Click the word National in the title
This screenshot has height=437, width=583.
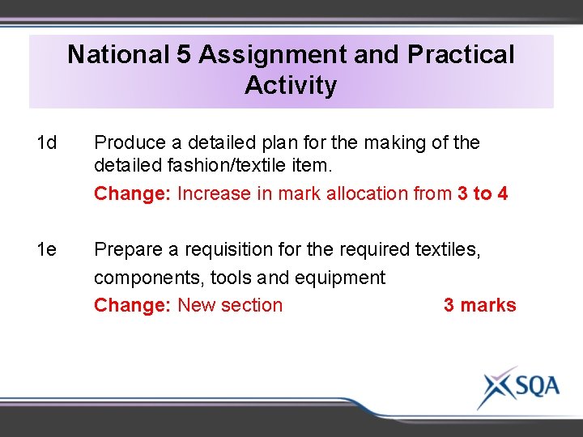(x=117, y=54)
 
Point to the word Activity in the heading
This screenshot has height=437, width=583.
(x=291, y=84)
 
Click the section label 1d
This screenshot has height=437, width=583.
(x=47, y=143)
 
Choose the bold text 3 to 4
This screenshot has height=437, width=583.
(x=483, y=194)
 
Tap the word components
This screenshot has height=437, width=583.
(x=149, y=278)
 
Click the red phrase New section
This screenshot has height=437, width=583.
(x=230, y=305)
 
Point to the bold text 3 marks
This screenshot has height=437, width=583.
(x=479, y=305)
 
